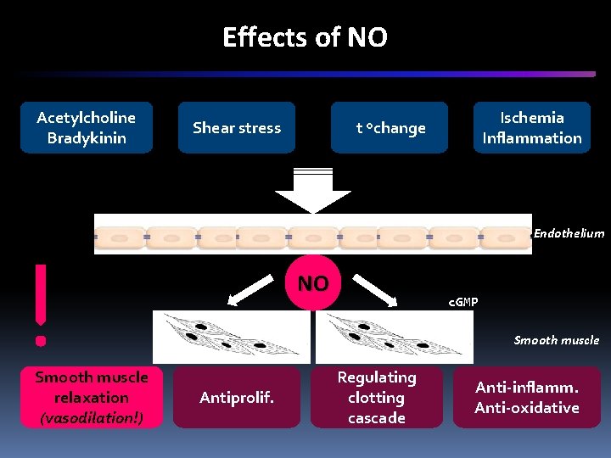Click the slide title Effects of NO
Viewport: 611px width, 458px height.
(x=305, y=37)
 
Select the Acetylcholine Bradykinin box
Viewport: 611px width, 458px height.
(x=87, y=128)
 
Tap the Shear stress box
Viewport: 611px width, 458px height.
(x=237, y=128)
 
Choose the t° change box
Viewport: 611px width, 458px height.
(x=390, y=128)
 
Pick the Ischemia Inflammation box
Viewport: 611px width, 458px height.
(x=532, y=128)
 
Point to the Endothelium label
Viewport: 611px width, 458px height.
(x=569, y=233)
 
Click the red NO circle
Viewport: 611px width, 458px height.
(x=312, y=282)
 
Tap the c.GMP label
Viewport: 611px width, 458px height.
(x=462, y=302)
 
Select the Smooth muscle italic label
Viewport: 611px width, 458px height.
(x=556, y=340)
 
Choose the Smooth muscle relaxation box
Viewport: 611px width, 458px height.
(x=91, y=397)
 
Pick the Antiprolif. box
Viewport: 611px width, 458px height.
(x=237, y=397)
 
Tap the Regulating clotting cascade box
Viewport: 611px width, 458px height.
(x=376, y=397)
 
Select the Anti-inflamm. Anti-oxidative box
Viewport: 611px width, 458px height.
(x=527, y=397)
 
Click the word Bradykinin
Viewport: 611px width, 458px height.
(x=87, y=138)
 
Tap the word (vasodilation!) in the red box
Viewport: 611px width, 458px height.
(x=91, y=417)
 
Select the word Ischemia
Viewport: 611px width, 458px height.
(x=532, y=118)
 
